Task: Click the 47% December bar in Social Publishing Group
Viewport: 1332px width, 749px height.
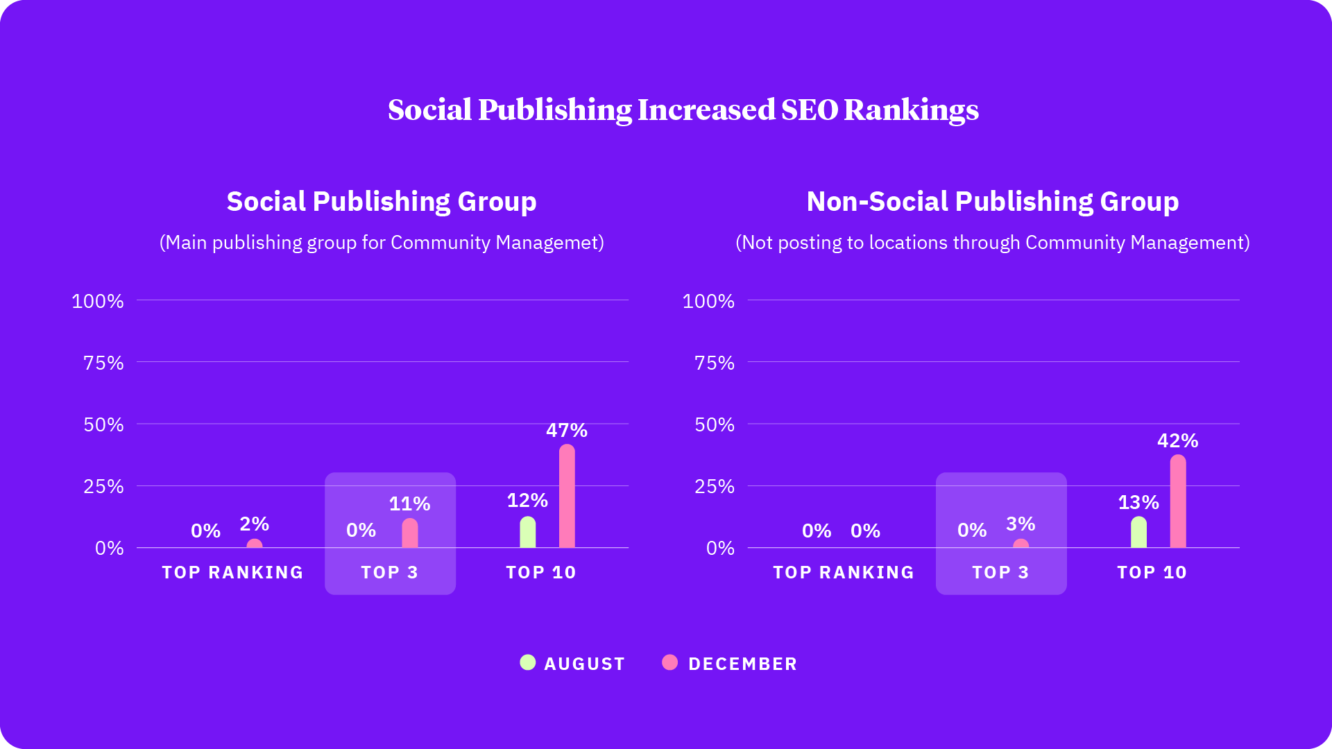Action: click(567, 497)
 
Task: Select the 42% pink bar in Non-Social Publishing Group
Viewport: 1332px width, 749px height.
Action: click(1178, 501)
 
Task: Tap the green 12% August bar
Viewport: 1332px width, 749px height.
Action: click(528, 533)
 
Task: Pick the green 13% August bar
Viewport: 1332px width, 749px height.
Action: click(1138, 533)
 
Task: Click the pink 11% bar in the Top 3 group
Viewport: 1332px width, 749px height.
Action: click(410, 534)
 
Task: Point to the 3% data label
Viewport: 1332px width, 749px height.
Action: click(1021, 524)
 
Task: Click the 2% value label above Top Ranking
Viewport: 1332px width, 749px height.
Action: click(254, 524)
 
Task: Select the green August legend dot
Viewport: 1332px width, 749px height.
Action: click(528, 662)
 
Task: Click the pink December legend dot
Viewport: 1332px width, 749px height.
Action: click(669, 662)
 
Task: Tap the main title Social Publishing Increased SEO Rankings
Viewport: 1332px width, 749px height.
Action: click(683, 110)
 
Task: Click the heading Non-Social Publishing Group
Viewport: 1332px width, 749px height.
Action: click(992, 201)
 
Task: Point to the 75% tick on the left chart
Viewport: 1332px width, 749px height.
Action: click(103, 363)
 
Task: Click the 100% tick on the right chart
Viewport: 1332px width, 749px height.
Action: click(708, 301)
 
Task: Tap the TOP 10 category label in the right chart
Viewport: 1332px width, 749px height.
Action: click(1152, 572)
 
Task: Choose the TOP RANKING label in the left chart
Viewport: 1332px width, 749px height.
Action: click(232, 572)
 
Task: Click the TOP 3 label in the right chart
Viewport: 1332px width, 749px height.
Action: click(1000, 572)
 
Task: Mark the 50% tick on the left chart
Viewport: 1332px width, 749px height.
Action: click(103, 424)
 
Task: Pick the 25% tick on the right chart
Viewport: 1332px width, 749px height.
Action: click(714, 486)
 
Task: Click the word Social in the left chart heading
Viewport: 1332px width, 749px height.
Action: click(266, 201)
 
